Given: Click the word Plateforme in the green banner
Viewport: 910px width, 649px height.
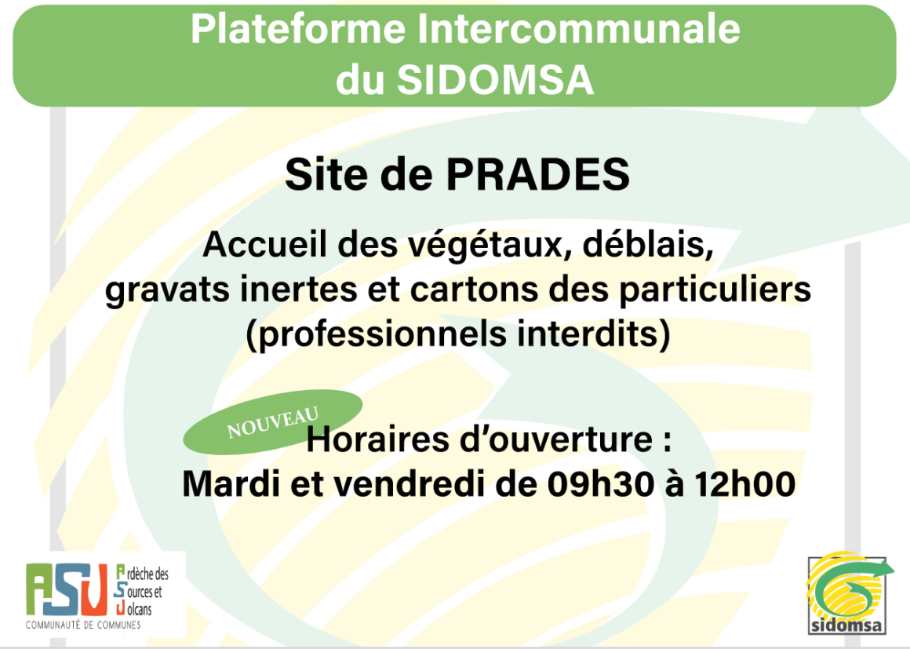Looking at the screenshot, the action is (298, 28).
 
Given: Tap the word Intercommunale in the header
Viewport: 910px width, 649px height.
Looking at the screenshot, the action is (579, 28).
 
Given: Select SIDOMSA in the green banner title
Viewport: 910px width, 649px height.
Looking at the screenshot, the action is (495, 79).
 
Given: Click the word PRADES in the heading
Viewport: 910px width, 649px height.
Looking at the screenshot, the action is (537, 174).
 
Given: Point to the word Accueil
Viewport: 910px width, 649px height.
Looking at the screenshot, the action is (267, 244).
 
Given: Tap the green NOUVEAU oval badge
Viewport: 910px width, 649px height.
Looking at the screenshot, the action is (273, 422).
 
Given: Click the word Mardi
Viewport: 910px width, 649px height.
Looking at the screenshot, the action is (231, 483).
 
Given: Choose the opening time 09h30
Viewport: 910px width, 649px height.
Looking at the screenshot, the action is (601, 483).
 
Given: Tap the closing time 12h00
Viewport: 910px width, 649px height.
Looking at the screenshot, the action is (745, 483).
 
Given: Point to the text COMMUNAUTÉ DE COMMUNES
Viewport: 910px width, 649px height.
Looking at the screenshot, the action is (83, 625).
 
